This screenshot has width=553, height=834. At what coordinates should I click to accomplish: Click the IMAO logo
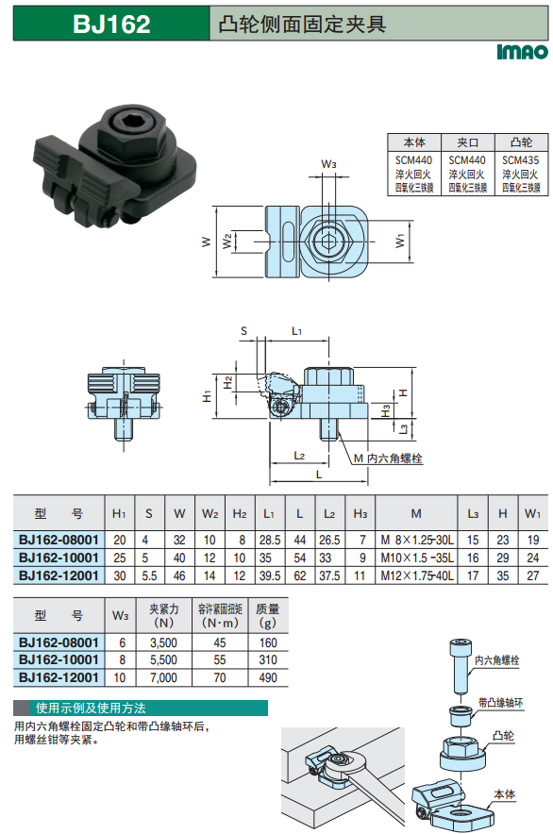[x=522, y=52]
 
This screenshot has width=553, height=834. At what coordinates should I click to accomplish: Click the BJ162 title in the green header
[x=111, y=24]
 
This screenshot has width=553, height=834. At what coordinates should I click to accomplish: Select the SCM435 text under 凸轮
[x=521, y=160]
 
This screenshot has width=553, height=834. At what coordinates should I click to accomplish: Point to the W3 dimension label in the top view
[x=328, y=164]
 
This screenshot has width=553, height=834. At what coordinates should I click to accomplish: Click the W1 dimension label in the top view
[x=400, y=241]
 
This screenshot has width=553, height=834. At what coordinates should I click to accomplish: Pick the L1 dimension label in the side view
[x=296, y=331]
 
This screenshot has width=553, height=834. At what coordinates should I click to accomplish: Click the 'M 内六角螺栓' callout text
[x=388, y=458]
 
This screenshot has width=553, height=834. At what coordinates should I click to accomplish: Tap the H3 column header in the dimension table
[x=360, y=513]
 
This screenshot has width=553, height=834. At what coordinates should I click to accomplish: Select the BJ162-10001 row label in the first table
[x=59, y=558]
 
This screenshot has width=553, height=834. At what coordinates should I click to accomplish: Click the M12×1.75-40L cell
[x=417, y=575]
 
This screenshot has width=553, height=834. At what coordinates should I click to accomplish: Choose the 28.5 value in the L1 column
[x=270, y=540]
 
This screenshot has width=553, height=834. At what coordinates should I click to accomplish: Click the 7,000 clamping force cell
[x=163, y=677]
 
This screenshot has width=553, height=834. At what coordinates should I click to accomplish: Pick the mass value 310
[x=268, y=659]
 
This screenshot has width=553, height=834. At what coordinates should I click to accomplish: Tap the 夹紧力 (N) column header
[x=163, y=615]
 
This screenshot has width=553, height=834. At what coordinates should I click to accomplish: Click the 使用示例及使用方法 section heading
[x=91, y=708]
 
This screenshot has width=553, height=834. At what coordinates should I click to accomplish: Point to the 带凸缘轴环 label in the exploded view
[x=500, y=703]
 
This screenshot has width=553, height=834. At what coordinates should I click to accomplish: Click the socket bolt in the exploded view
[x=461, y=665]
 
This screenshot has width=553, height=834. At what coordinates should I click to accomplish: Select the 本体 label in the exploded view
[x=505, y=794]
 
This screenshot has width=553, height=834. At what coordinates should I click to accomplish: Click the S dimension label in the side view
[x=243, y=331]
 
